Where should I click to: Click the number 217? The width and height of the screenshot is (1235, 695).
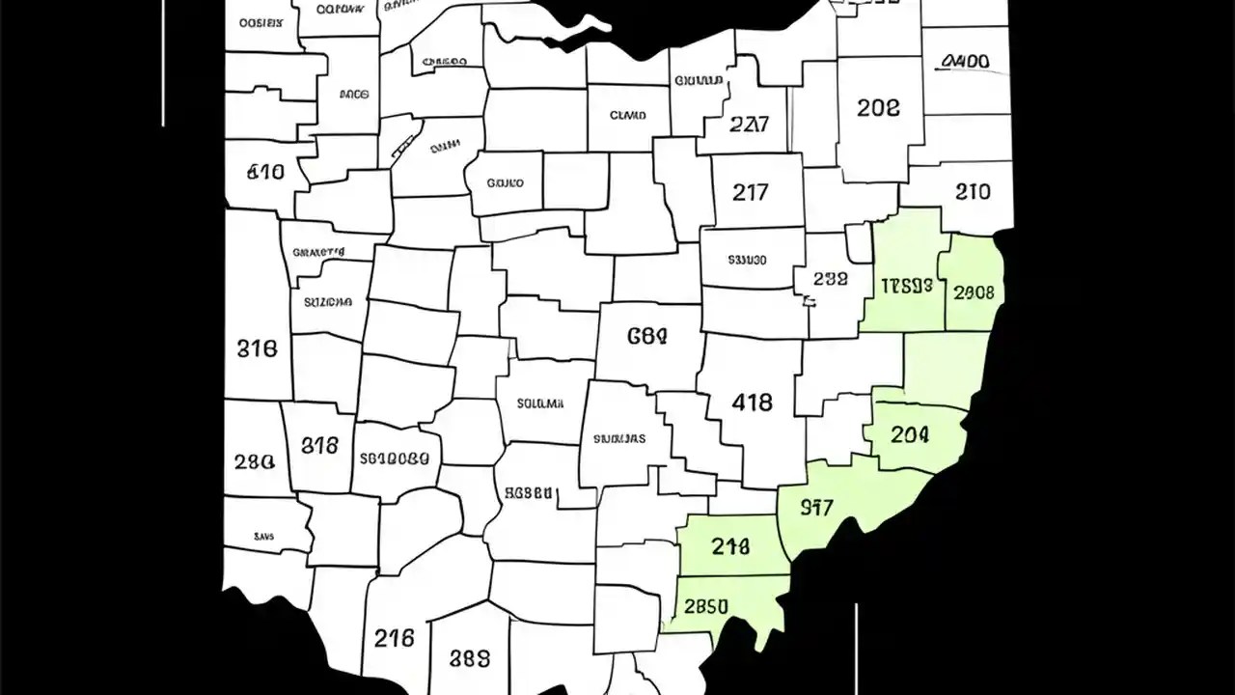click(750, 192)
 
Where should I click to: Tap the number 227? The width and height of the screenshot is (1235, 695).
click(749, 125)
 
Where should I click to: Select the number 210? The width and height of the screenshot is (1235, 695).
click(973, 192)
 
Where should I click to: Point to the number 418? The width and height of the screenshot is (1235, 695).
click(752, 403)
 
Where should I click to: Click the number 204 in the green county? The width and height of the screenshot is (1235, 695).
click(910, 435)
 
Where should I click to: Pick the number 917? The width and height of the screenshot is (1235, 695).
click(816, 508)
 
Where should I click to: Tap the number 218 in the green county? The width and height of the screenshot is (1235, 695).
click(730, 547)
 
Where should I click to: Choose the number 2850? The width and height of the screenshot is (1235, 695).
click(705, 607)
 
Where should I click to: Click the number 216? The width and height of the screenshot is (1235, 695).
click(394, 638)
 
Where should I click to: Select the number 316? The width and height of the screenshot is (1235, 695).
click(257, 348)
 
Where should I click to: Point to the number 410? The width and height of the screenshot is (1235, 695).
click(265, 173)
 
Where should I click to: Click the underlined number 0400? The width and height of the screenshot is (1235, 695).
click(964, 63)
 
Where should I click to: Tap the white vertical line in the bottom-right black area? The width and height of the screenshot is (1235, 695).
click(856, 647)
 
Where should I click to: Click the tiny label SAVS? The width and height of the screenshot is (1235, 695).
click(263, 537)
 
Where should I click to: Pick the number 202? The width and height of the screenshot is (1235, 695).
click(878, 108)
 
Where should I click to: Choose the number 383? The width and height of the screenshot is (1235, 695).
click(470, 659)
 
